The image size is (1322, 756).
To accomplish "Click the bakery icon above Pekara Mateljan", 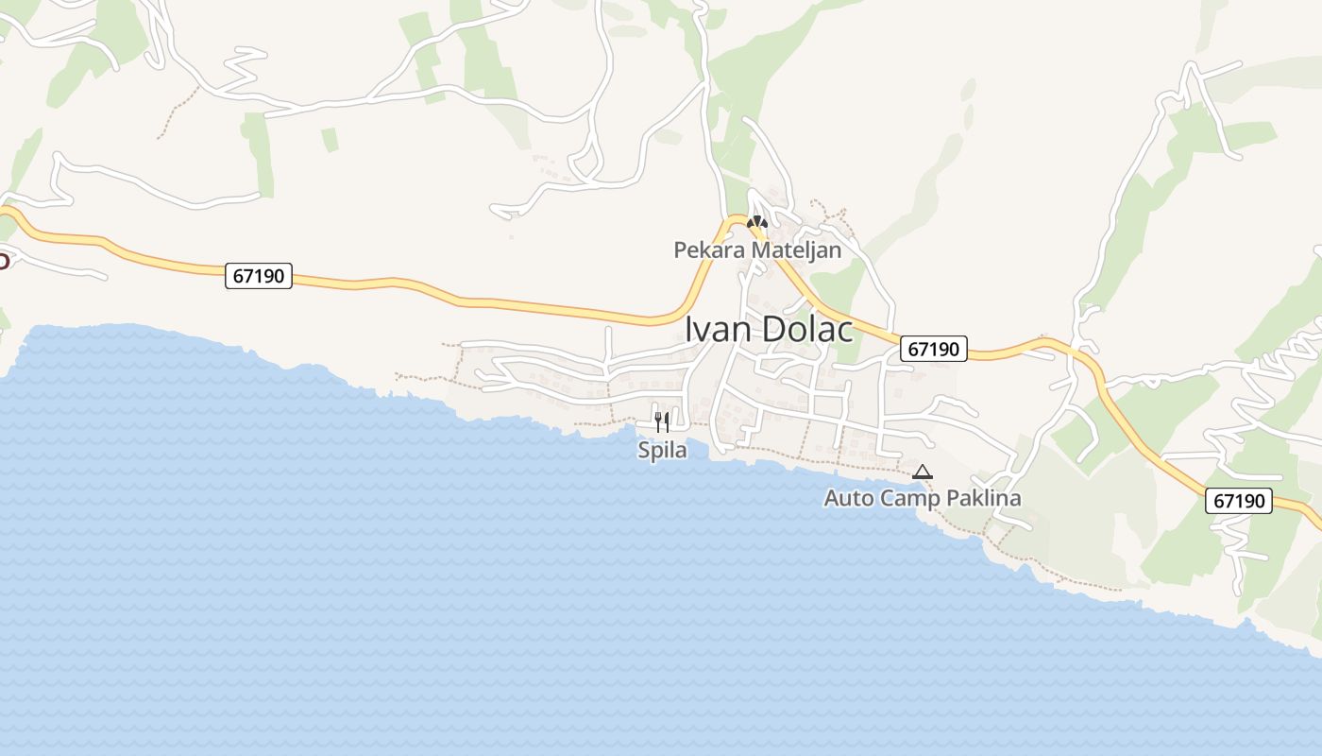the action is click(756, 223).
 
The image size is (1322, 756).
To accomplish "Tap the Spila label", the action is click(662, 450).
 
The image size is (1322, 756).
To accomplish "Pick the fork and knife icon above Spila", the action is click(662, 421).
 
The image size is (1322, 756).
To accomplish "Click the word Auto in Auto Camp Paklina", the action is click(849, 498).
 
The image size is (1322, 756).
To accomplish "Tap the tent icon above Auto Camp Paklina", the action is click(923, 472).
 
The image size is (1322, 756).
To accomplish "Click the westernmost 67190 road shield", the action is click(259, 277).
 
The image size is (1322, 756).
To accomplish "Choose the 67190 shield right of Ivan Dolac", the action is click(933, 349).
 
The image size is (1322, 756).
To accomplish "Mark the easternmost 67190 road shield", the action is click(1239, 501).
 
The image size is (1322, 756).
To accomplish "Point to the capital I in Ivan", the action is click(688, 329).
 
